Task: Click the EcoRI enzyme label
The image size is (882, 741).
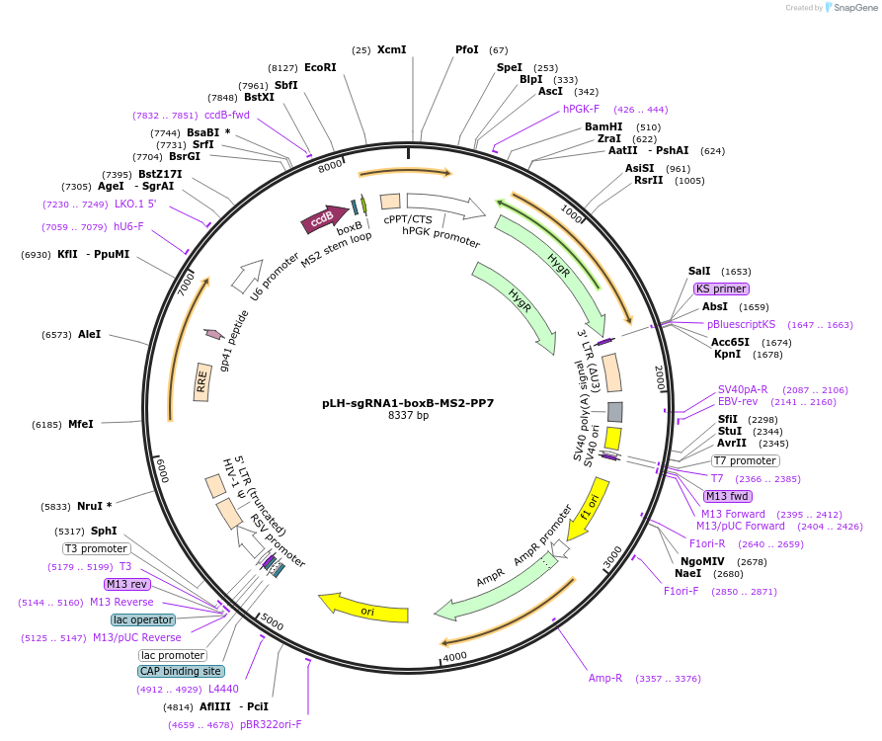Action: tap(320, 67)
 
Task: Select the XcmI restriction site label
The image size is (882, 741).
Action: tap(391, 49)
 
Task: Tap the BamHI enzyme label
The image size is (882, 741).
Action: tap(603, 126)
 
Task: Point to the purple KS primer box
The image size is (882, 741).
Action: tap(721, 288)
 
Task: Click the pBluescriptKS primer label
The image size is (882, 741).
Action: tap(741, 324)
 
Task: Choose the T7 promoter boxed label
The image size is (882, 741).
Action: tap(745, 460)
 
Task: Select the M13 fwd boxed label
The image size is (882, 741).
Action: tap(727, 496)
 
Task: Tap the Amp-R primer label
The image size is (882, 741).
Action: tap(605, 678)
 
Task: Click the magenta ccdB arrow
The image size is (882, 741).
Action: tap(323, 220)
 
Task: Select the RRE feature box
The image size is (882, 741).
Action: tap(202, 381)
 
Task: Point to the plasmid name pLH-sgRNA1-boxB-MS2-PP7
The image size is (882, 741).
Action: tap(408, 403)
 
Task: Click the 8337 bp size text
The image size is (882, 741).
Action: tap(408, 416)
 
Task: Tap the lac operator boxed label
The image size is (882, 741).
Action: tap(143, 619)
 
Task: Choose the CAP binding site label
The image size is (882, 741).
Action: tap(180, 671)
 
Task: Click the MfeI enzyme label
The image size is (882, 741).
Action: tap(81, 424)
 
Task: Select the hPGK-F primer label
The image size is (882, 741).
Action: tap(581, 109)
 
